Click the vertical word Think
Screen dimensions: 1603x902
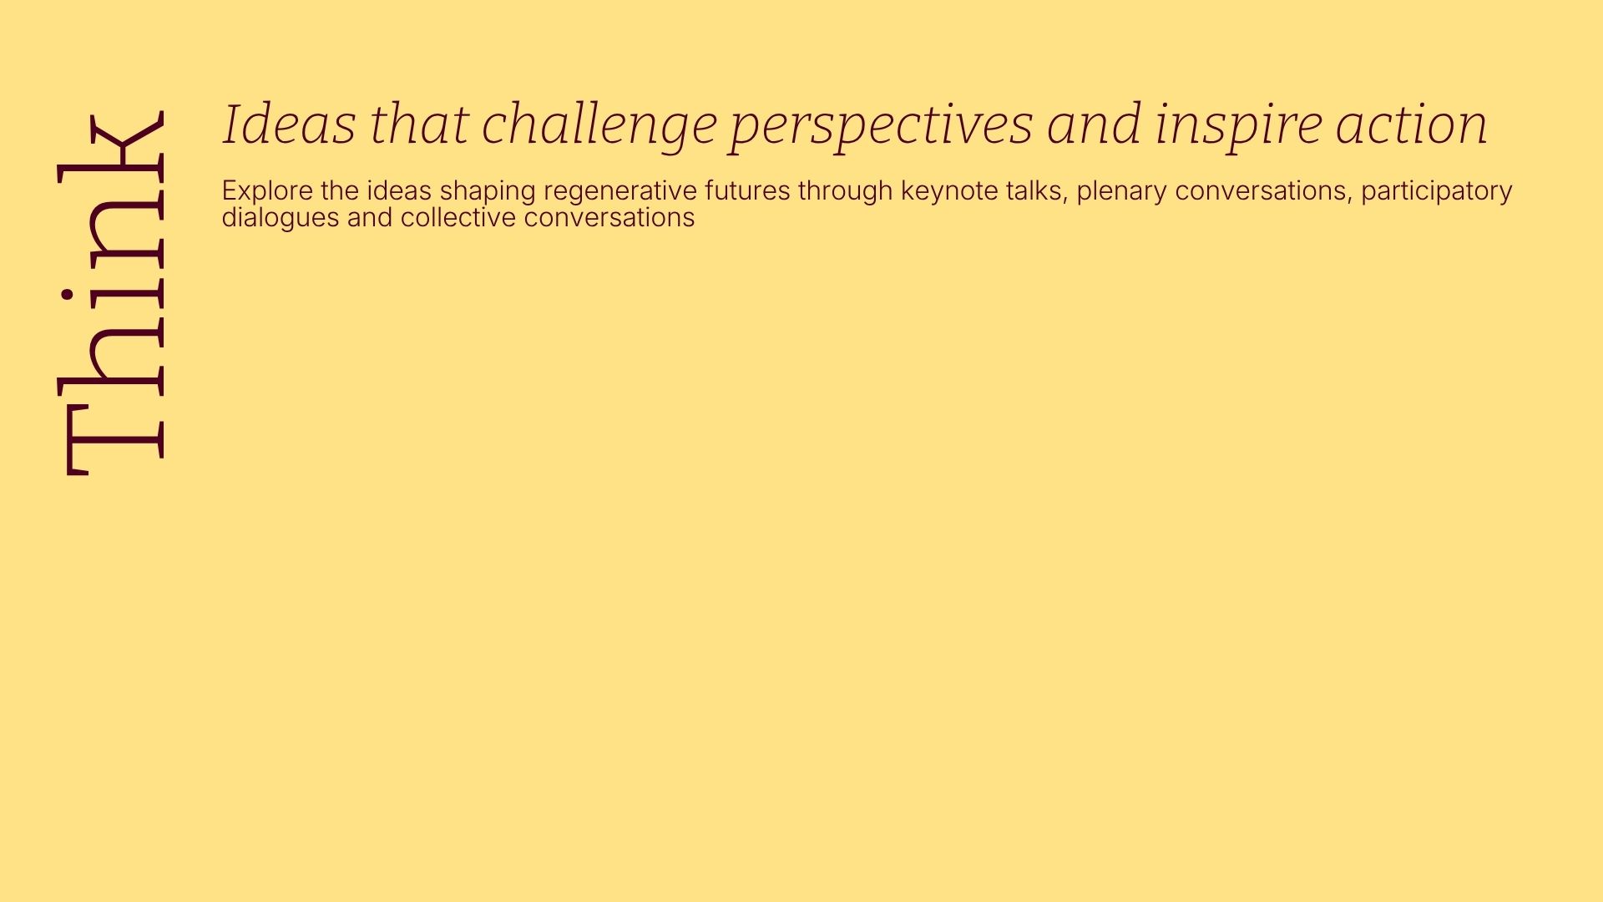(110, 292)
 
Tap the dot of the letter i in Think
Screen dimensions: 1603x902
(64, 295)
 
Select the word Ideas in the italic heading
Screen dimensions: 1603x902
(290, 124)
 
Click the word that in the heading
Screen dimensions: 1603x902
(419, 124)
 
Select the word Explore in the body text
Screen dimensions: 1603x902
(268, 191)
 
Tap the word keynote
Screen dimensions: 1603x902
(949, 192)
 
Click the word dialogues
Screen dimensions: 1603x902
(281, 219)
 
